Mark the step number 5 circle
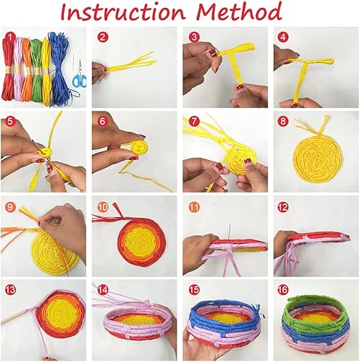pos(10,122)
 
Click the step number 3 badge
pos(193,37)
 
